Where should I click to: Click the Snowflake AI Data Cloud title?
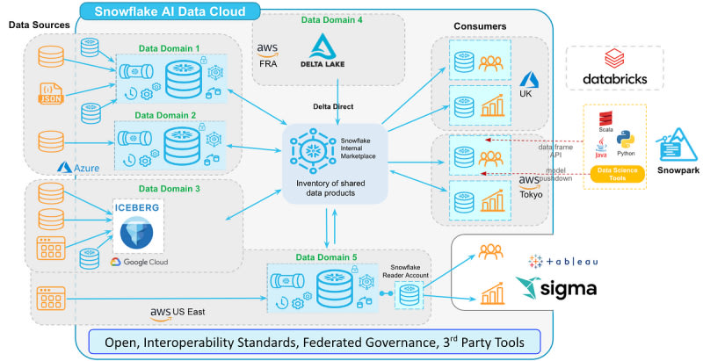[172, 12]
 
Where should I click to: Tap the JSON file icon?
[51, 92]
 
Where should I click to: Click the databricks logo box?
[614, 68]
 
